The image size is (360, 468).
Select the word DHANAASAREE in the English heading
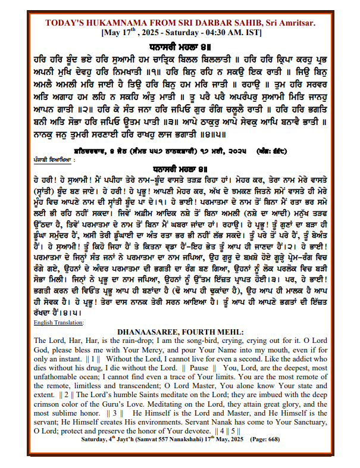tap(154, 331)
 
